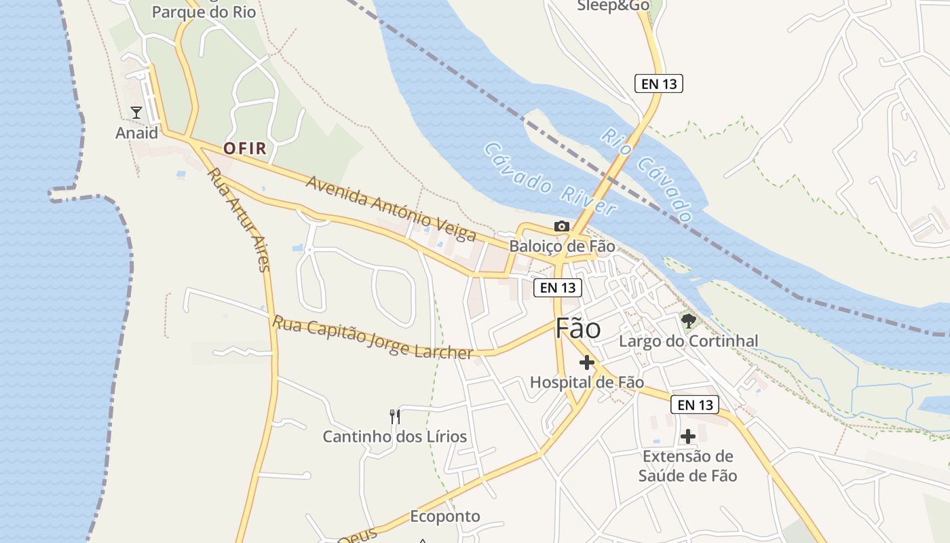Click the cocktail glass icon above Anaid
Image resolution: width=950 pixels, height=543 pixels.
tap(136, 112)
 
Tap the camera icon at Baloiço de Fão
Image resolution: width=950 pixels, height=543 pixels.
tap(561, 226)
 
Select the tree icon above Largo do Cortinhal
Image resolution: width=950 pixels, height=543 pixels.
tap(689, 320)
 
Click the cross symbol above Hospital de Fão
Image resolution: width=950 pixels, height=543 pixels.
tap(587, 362)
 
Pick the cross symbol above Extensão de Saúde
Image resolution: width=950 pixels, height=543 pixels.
tap(688, 436)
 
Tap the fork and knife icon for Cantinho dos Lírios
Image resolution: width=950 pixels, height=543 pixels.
tap(395, 415)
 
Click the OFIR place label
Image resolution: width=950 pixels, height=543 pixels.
tap(244, 149)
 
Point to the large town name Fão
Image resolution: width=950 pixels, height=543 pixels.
tap(578, 329)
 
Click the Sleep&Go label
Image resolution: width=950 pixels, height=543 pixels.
tap(613, 6)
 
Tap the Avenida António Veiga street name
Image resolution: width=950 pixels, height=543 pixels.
tap(391, 208)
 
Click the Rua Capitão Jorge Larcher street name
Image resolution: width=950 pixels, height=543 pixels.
tap(373, 337)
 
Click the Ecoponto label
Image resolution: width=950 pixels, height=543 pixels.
tap(445, 517)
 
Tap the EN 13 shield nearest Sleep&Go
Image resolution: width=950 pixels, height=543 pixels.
tap(658, 83)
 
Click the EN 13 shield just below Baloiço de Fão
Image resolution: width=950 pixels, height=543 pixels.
tap(558, 288)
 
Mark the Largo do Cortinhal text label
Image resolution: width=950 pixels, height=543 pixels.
tap(688, 341)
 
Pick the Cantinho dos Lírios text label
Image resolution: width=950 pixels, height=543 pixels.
tap(394, 436)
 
